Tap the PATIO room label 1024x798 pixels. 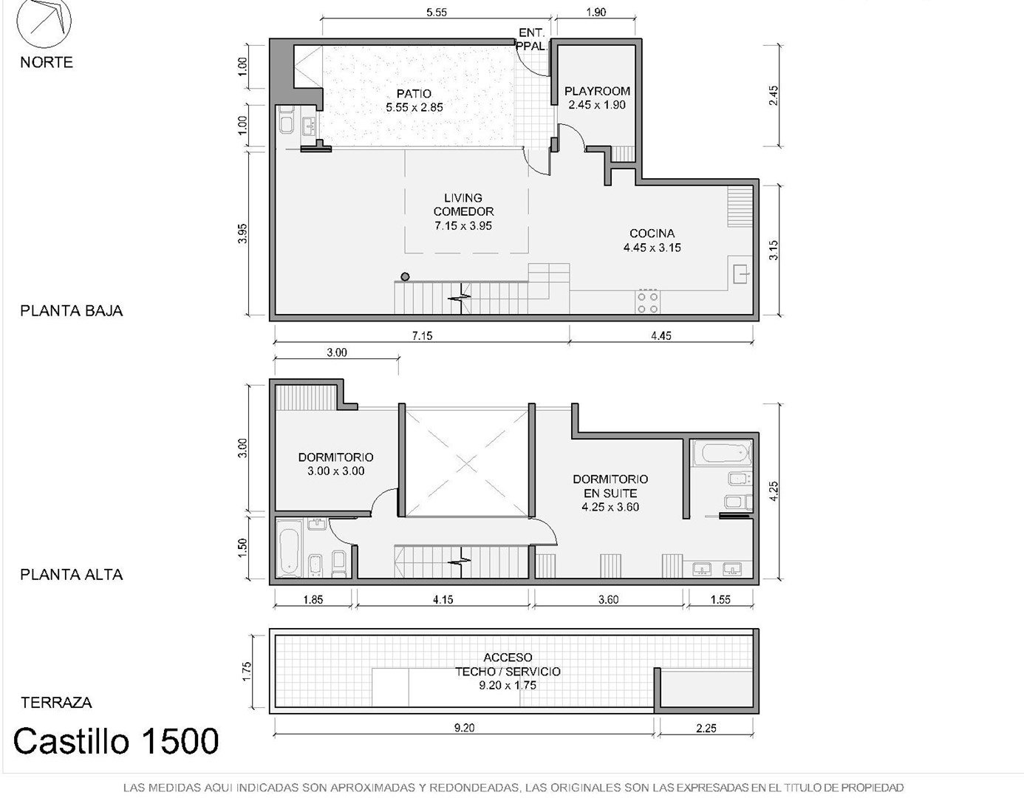click(x=414, y=93)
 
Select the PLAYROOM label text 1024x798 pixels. click(x=597, y=91)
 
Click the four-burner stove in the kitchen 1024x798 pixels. click(x=647, y=302)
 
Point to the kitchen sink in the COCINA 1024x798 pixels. click(x=740, y=273)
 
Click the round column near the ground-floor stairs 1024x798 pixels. click(x=405, y=276)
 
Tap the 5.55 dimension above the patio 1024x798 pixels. click(x=437, y=13)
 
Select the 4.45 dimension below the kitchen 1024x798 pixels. click(x=661, y=335)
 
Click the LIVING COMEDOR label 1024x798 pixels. click(x=463, y=205)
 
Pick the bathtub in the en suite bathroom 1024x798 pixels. click(x=726, y=453)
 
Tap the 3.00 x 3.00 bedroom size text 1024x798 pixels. click(x=336, y=471)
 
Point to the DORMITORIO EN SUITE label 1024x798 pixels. click(x=610, y=485)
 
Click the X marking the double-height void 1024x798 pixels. click(x=466, y=463)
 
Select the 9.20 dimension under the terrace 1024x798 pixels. click(x=464, y=727)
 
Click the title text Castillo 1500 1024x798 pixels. click(x=116, y=740)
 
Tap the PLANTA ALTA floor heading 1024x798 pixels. click(x=71, y=574)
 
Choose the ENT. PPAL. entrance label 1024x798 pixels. click(x=532, y=39)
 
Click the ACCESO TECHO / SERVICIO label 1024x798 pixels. click(x=508, y=664)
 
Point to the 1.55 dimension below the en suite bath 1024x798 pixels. click(x=720, y=599)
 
